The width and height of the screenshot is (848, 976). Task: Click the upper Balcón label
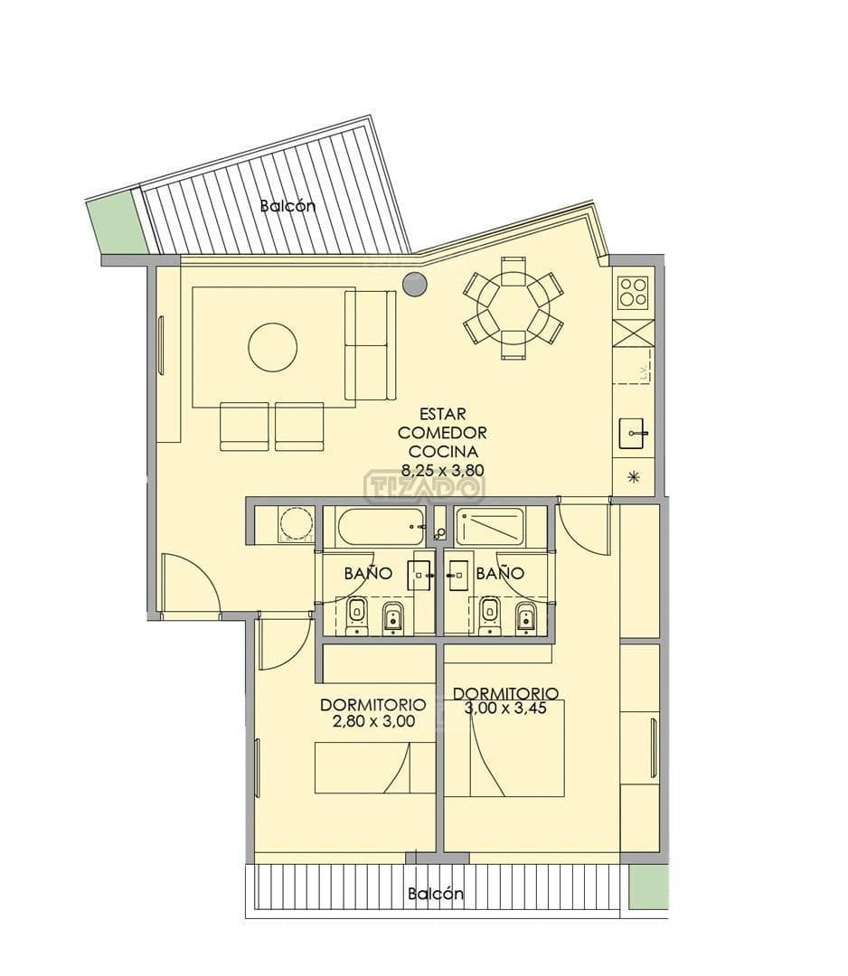(287, 205)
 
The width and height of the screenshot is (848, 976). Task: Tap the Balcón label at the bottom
(435, 893)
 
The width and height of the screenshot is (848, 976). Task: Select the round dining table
(514, 308)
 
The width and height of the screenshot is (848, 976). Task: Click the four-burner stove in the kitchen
(633, 291)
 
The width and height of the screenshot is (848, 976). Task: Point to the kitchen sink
(634, 433)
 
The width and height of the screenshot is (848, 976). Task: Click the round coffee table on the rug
(272, 346)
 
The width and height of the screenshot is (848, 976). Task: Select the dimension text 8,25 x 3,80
(443, 470)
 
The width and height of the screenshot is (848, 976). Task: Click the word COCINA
(443, 451)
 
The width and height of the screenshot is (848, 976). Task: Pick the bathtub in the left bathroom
(381, 527)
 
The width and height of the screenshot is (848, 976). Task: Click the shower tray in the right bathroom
(489, 527)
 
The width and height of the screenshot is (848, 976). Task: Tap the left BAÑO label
(369, 573)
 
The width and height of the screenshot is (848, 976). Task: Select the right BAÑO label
(500, 573)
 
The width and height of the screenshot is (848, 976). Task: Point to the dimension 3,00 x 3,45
(505, 708)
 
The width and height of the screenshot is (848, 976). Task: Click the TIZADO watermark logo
(424, 486)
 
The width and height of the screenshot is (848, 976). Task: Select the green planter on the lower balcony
(647, 886)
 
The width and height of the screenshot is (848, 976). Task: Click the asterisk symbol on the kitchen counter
(634, 477)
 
